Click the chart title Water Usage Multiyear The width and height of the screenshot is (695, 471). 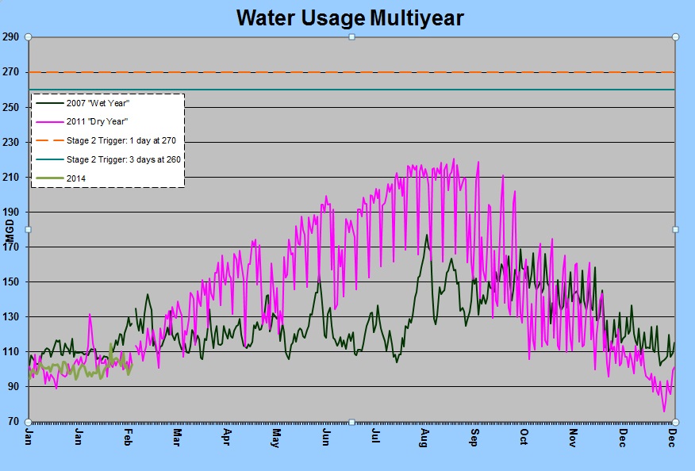(x=350, y=17)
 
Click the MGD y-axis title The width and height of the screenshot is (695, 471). (x=10, y=230)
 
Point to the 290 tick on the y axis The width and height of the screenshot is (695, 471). (x=10, y=37)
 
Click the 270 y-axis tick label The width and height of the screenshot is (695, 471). (x=10, y=72)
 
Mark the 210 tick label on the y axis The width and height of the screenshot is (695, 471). (x=10, y=177)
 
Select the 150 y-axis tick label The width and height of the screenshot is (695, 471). (x=10, y=281)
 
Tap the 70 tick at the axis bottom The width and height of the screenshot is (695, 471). (x=13, y=421)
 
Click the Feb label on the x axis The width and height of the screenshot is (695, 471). (x=129, y=438)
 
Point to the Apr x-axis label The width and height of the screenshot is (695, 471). (x=227, y=438)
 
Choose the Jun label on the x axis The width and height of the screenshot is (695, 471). (x=325, y=438)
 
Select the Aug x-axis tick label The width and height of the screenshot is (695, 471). (x=424, y=438)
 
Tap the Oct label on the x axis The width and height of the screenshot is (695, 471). (x=524, y=438)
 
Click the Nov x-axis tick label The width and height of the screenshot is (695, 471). (x=573, y=438)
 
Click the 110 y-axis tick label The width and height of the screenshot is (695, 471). (x=10, y=351)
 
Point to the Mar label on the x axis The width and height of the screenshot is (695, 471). (x=177, y=438)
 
